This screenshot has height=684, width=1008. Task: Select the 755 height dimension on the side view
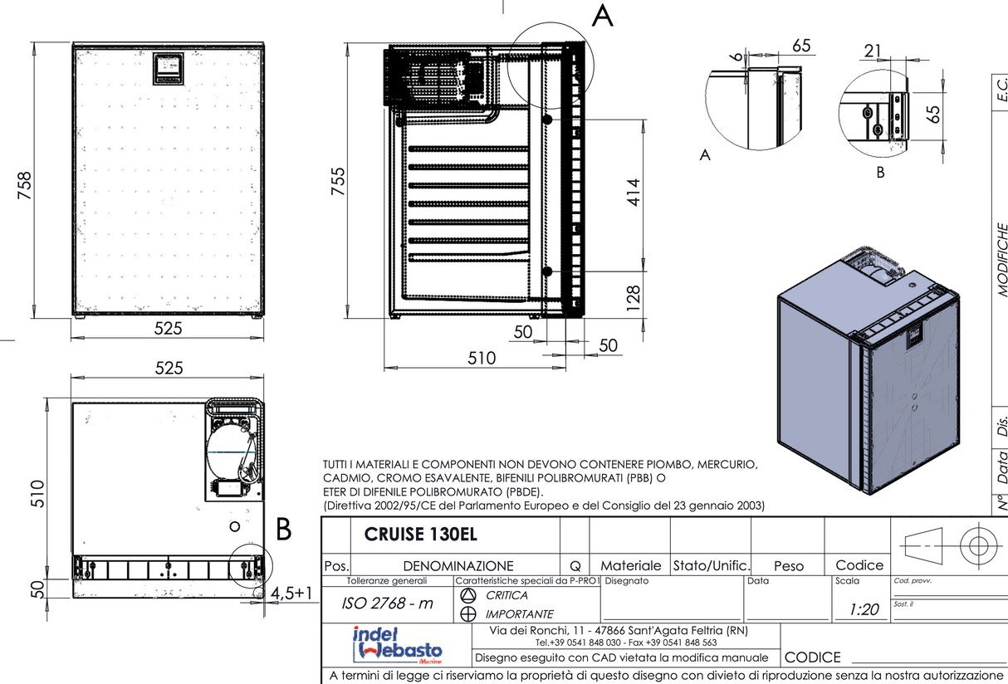click(339, 181)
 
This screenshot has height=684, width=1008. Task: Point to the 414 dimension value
click(634, 193)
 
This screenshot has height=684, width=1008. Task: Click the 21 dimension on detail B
click(872, 51)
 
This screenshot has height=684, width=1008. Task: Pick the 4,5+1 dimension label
click(291, 593)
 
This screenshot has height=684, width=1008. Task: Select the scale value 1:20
click(864, 609)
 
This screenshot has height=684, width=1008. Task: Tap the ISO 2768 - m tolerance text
click(389, 603)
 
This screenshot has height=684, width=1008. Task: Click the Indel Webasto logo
click(397, 643)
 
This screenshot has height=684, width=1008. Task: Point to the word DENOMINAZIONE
click(458, 565)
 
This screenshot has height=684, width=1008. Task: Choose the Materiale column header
click(630, 565)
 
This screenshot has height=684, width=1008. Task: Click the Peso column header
click(788, 566)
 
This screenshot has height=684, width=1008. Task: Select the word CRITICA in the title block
click(506, 595)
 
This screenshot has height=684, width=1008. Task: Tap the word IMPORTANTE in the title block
click(519, 614)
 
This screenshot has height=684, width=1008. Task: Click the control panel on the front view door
click(169, 68)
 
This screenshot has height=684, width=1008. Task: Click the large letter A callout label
click(602, 16)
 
